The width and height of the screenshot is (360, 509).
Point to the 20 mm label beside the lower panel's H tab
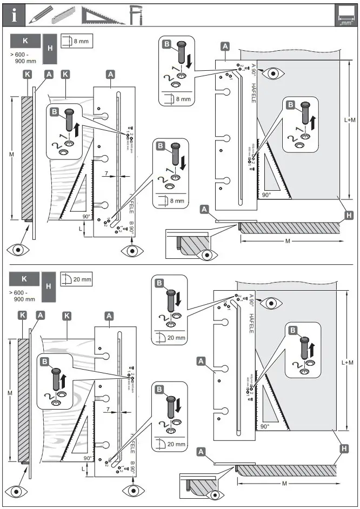coord(83,279)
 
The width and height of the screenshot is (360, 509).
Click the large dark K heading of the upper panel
coord(24,41)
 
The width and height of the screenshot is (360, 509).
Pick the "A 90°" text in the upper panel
coord(253,70)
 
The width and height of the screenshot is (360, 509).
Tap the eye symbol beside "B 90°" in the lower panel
coord(132,490)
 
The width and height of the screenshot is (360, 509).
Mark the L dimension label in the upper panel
coord(81,229)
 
